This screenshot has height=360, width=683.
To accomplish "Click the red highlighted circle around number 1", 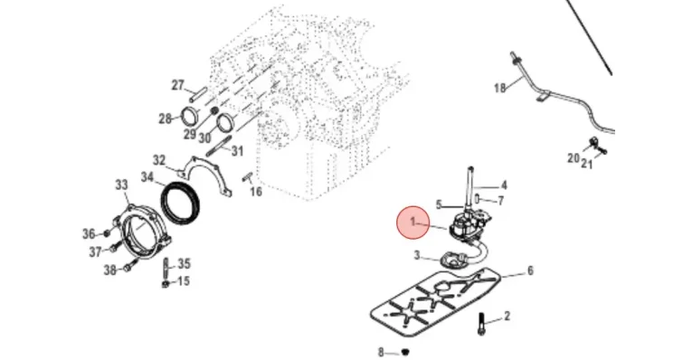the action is click(x=413, y=223).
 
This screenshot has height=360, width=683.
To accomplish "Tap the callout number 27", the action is click(x=177, y=85).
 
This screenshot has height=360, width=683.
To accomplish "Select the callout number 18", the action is click(x=500, y=89).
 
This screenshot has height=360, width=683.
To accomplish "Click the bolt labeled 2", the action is click(x=481, y=325).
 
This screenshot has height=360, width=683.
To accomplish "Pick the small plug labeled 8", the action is click(x=406, y=351).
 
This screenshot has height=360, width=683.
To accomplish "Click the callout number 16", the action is click(x=256, y=192).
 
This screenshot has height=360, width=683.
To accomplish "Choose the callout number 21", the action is click(x=587, y=164).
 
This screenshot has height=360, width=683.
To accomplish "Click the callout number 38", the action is click(x=110, y=270).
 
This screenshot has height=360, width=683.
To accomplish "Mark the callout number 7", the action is click(x=501, y=201).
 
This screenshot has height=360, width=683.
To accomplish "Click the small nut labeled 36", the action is click(x=107, y=233).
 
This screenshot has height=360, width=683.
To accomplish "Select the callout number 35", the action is click(x=185, y=264).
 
